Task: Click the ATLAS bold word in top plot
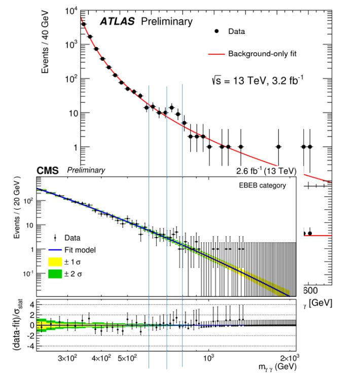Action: (120, 21)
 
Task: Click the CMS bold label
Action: (47, 170)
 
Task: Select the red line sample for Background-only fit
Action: (216, 53)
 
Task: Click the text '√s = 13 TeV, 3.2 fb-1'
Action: (258, 80)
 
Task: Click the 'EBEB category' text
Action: (262, 185)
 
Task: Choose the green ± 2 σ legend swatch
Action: (54, 276)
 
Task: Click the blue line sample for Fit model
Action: (54, 250)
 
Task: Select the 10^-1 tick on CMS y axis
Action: (26, 274)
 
